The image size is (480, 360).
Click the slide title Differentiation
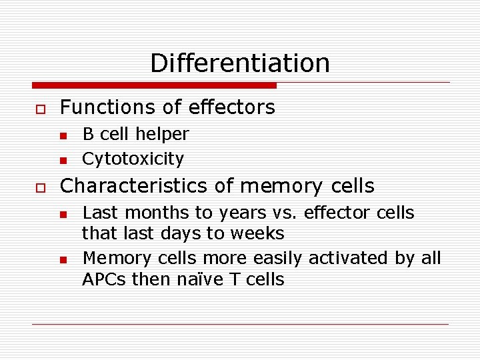click(240, 63)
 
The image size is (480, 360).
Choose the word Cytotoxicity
click(133, 159)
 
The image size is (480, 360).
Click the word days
click(200, 234)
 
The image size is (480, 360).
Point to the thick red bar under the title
click(155, 85)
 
